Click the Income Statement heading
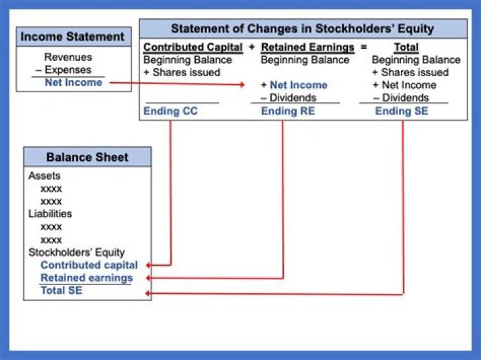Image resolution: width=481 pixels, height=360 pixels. [72, 37]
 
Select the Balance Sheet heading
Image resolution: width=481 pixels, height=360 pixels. [87, 158]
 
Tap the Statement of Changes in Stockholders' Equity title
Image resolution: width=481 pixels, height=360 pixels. [302, 29]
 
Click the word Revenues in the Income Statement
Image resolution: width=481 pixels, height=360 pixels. [67, 57]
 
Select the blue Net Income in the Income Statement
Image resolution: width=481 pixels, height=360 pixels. [73, 83]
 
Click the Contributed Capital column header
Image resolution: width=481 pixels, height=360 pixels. [193, 47]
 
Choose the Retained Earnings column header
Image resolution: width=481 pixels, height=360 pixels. [307, 47]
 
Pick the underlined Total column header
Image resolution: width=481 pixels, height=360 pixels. [406, 47]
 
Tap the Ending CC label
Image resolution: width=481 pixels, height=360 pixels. [171, 112]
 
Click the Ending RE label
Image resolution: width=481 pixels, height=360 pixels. [287, 112]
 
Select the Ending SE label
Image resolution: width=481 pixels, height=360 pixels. [402, 112]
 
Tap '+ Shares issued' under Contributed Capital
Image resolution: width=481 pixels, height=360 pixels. [182, 72]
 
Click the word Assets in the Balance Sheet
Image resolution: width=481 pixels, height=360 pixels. [44, 176]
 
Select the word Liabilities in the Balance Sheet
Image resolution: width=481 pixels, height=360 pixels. [50, 214]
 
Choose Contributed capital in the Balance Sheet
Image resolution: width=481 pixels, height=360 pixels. [89, 265]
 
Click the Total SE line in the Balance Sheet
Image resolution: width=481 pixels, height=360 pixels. [61, 291]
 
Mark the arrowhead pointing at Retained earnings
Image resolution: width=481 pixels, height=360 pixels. [149, 278]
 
